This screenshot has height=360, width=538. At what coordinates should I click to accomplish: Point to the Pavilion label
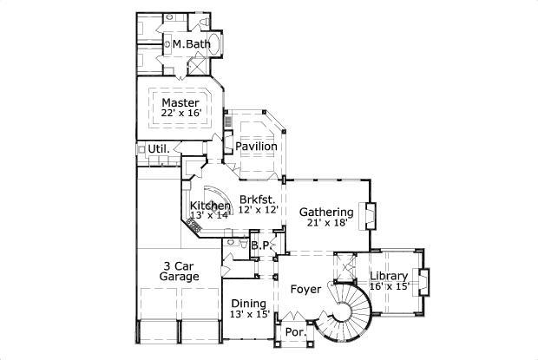[x=256, y=147]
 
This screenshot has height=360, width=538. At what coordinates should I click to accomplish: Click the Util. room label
[x=158, y=149]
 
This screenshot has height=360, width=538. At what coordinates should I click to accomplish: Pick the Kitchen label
[x=210, y=206]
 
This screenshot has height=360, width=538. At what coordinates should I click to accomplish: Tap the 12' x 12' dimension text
[x=258, y=210]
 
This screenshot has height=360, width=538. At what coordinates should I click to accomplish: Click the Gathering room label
[x=326, y=212]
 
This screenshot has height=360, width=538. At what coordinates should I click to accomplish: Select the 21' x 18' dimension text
[x=326, y=224]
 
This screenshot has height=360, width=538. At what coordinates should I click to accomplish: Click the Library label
[x=389, y=276]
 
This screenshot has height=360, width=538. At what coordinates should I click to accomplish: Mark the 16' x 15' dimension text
[x=389, y=287]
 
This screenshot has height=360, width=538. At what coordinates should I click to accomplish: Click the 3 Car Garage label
[x=180, y=272]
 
